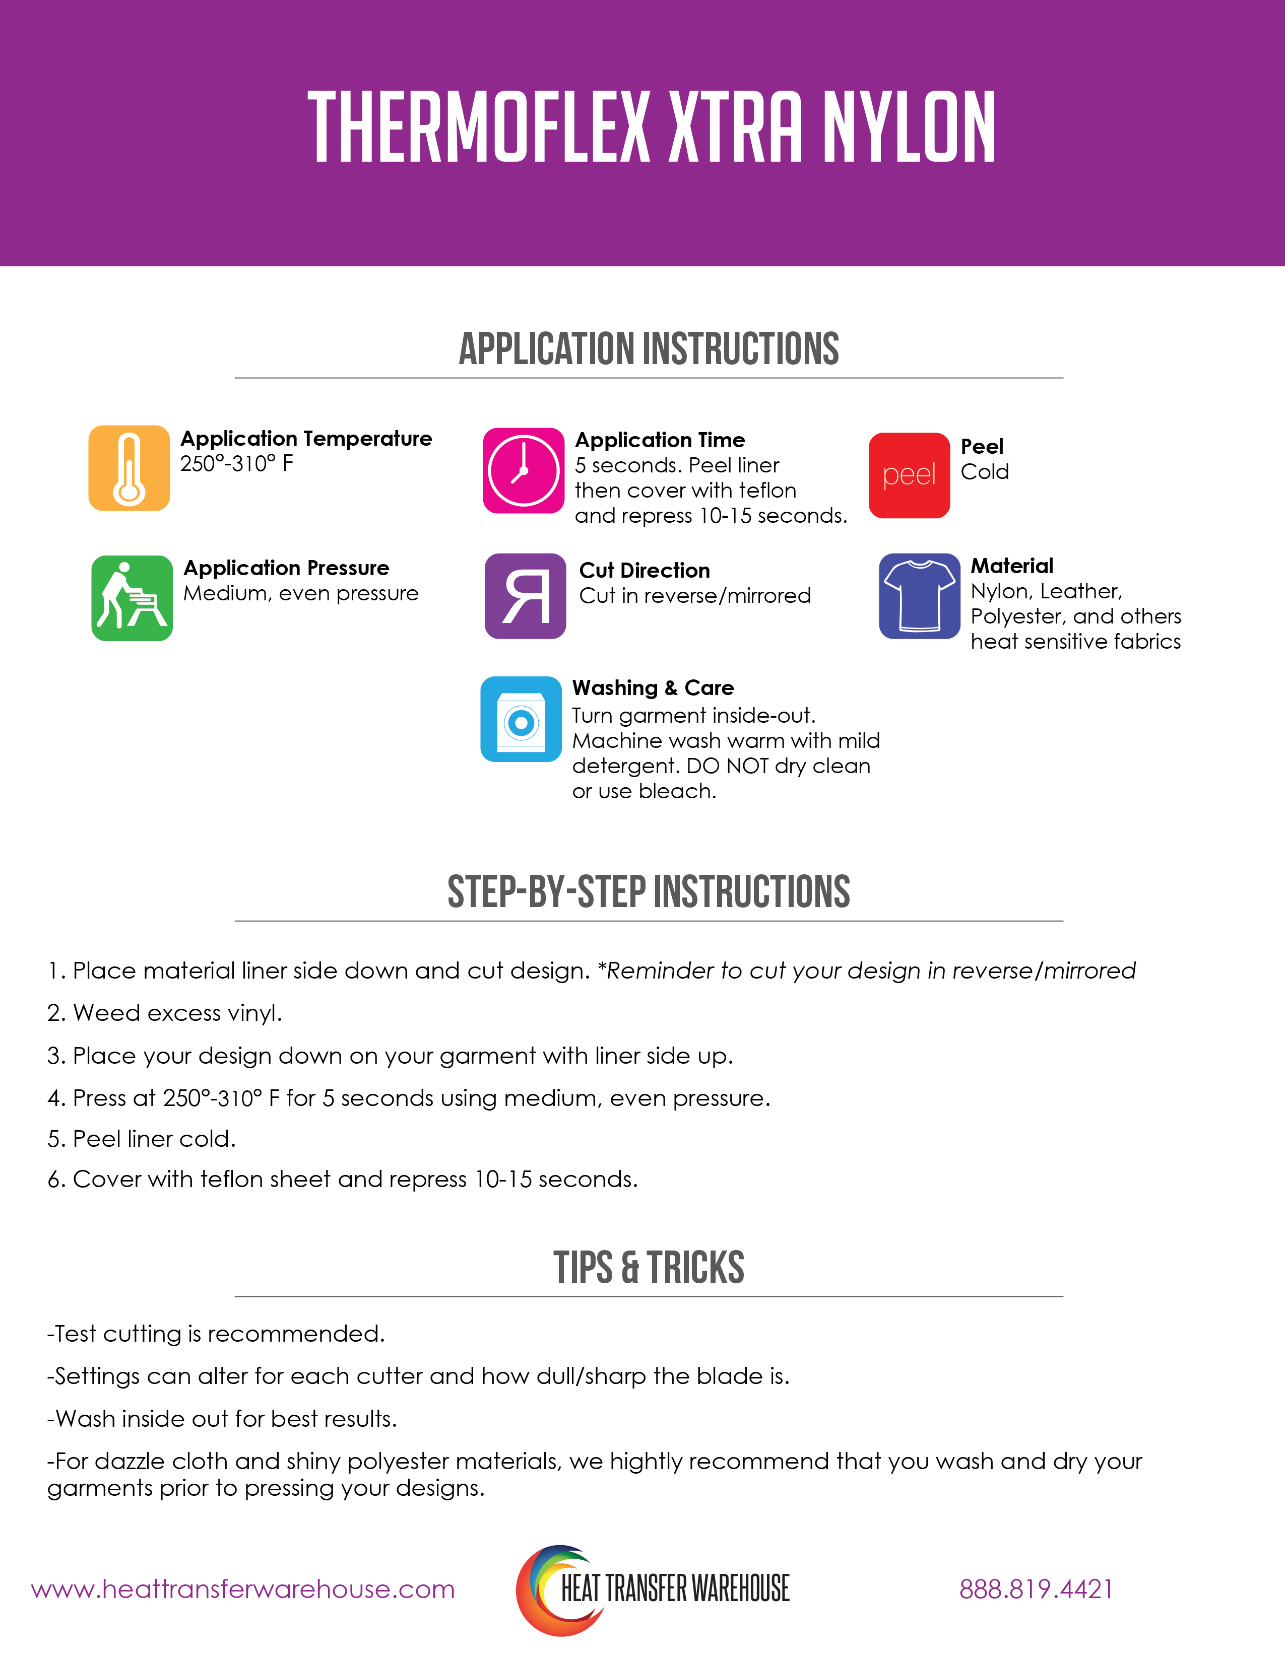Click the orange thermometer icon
(128, 468)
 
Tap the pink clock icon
(524, 470)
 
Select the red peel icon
(909, 475)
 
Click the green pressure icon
(132, 598)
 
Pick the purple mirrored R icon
(525, 596)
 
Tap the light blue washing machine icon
(521, 719)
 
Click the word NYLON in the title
(909, 127)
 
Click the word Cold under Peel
(984, 472)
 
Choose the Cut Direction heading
(644, 570)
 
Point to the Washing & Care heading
(653, 688)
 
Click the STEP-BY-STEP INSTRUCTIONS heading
(649, 892)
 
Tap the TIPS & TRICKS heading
(649, 1268)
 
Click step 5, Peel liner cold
(142, 1138)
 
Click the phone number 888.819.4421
(1036, 1589)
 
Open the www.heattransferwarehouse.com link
(243, 1589)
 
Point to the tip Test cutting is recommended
(216, 1333)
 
